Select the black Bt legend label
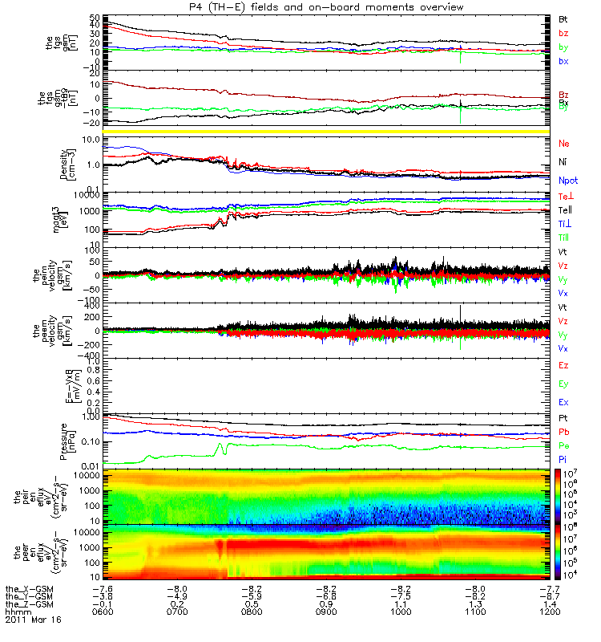563,18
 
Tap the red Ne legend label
563,144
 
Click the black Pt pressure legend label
563,419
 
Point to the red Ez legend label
563,366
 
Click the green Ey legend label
563,384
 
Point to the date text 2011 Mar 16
34,620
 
